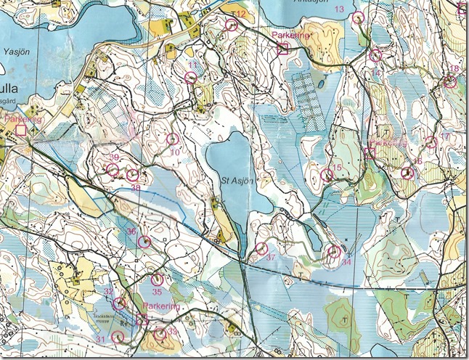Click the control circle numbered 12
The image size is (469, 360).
(232, 25)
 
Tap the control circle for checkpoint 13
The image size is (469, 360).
(357, 18)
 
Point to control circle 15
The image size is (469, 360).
(325, 175)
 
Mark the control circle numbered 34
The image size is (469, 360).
(333, 251)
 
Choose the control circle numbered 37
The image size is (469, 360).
(262, 249)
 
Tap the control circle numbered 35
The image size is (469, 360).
(156, 280)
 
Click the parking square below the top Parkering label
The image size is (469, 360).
(283, 49)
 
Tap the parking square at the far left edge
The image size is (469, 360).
(21, 130)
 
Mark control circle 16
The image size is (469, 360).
(407, 173)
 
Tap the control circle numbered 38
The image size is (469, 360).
(132, 176)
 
